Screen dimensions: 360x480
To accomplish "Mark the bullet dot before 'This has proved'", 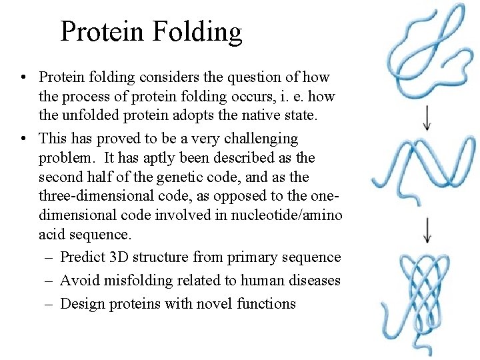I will click(x=24, y=139).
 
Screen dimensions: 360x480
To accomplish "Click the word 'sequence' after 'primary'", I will click(x=312, y=257).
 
